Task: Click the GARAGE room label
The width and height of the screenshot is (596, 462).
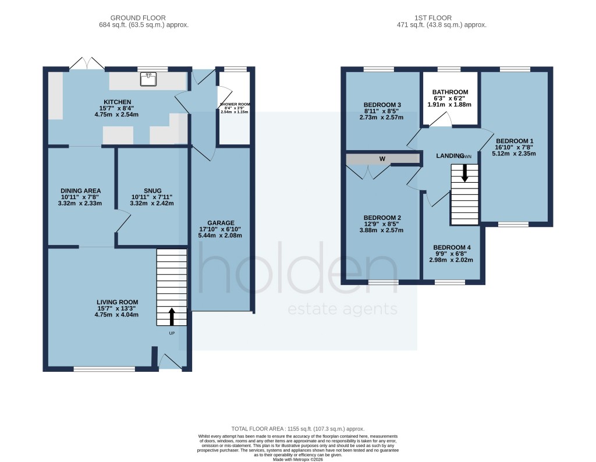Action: [x=221, y=223]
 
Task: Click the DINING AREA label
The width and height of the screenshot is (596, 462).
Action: [x=81, y=191]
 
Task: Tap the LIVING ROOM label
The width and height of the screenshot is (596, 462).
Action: [x=117, y=302]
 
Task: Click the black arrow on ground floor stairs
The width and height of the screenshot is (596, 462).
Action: [x=172, y=317]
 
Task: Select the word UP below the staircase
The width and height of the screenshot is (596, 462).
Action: [x=172, y=333]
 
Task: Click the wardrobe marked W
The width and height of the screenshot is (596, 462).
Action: [x=382, y=159]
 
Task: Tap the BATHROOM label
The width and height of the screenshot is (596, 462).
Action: [x=450, y=92]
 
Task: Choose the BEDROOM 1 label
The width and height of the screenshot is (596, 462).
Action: [x=515, y=141]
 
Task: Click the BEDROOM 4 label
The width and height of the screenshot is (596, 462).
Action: [x=452, y=247]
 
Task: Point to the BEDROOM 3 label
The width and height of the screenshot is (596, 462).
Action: [x=379, y=105]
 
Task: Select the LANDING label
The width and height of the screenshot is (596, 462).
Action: [x=449, y=156]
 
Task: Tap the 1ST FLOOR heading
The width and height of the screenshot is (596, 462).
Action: [x=450, y=18]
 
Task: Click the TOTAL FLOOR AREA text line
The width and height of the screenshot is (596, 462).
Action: [x=297, y=427]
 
